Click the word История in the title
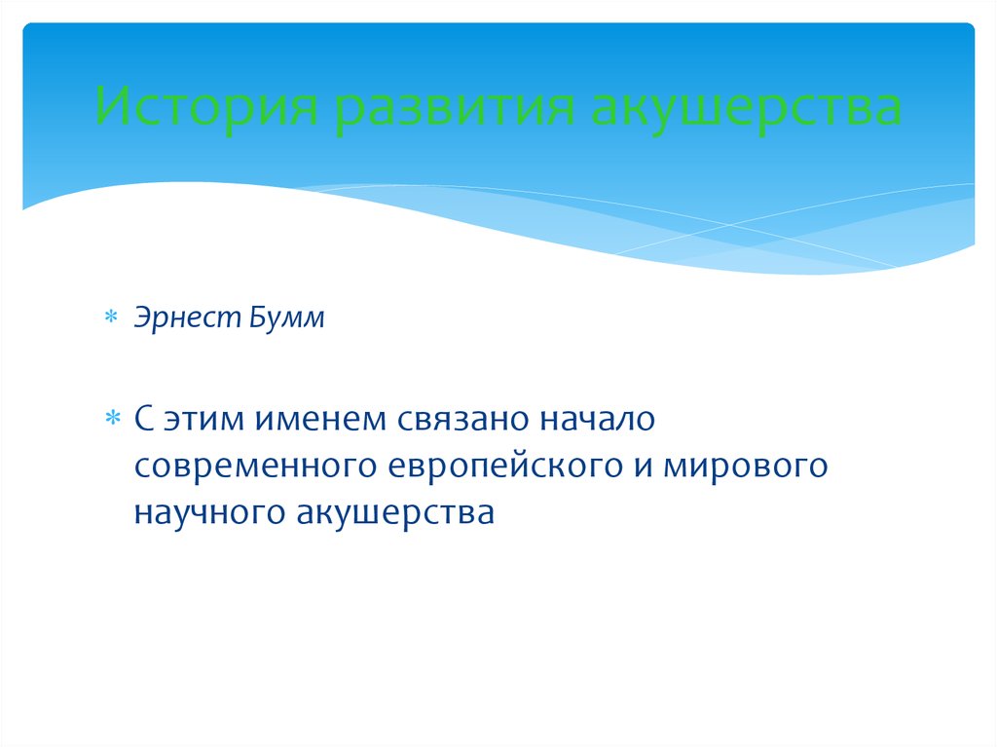206,106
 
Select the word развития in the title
455,106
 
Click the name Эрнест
187,317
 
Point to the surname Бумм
287,317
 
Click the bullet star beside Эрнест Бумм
111,317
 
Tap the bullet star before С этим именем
112,418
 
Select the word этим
204,420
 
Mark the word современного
256,466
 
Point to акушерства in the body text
395,513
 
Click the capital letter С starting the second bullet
144,419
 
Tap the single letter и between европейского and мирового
643,467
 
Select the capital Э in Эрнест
143,317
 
